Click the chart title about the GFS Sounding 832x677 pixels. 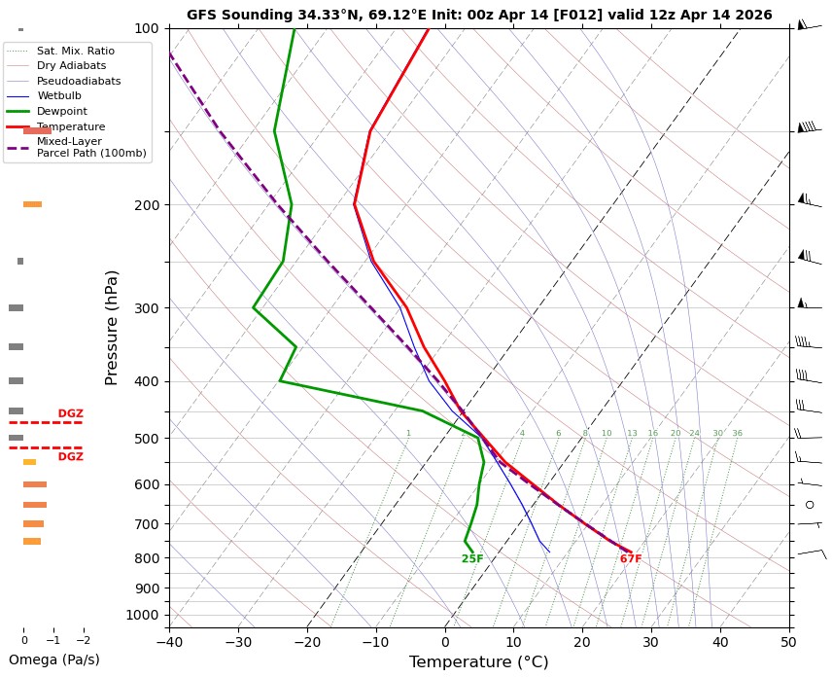[479, 15]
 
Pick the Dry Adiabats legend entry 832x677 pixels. [71, 65]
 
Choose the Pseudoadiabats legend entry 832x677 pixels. [72, 81]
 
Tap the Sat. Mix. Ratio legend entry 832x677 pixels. [75, 51]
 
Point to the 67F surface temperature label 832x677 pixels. [631, 559]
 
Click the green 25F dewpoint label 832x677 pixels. [472, 559]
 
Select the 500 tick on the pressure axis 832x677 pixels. [146, 439]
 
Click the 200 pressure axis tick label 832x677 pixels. [146, 205]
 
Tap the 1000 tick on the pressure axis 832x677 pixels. [142, 615]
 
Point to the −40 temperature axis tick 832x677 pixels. [169, 642]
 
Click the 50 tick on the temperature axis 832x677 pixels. [789, 642]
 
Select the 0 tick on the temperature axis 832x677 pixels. [445, 642]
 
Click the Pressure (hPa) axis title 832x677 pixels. [112, 327]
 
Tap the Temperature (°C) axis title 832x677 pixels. [478, 662]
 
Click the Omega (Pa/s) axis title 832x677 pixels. [53, 659]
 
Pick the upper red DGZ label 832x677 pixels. [70, 414]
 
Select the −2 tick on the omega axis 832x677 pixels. [83, 640]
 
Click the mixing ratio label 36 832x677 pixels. [737, 434]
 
